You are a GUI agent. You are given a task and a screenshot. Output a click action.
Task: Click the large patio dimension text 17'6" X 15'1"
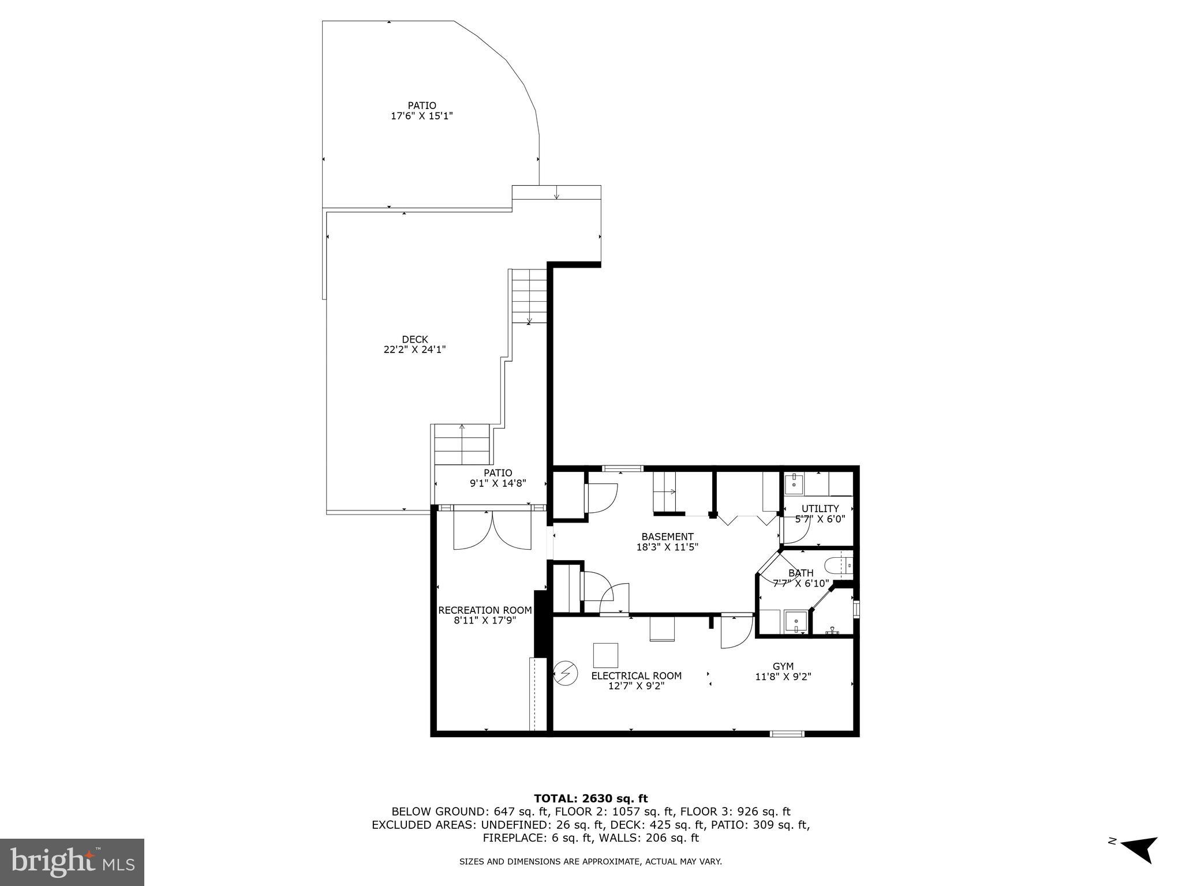tap(421, 116)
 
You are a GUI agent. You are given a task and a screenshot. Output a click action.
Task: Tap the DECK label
tap(414, 340)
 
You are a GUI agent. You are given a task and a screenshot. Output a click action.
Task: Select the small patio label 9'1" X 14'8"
tap(498, 483)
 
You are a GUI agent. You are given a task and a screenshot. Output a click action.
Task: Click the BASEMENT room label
tap(667, 537)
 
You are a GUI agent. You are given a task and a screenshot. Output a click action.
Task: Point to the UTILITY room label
tap(820, 509)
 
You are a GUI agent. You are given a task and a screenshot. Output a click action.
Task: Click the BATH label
tap(801, 573)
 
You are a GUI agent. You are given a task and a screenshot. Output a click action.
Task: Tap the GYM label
tap(783, 667)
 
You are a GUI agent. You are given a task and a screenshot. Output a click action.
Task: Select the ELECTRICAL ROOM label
tap(636, 676)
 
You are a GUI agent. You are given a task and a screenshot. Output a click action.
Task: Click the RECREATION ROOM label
tap(485, 610)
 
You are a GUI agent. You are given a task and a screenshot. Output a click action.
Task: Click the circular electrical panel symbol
tap(565, 673)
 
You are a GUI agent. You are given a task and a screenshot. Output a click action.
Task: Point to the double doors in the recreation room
tap(492, 531)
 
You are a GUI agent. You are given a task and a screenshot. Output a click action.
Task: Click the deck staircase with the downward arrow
tap(529, 296)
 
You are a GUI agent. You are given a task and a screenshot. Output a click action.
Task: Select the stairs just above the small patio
tap(462, 445)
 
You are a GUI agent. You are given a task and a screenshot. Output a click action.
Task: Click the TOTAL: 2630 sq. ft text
tap(590, 799)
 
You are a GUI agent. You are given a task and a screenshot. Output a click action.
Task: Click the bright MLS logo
tap(72, 862)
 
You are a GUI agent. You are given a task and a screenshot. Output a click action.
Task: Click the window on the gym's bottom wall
tap(787, 734)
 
